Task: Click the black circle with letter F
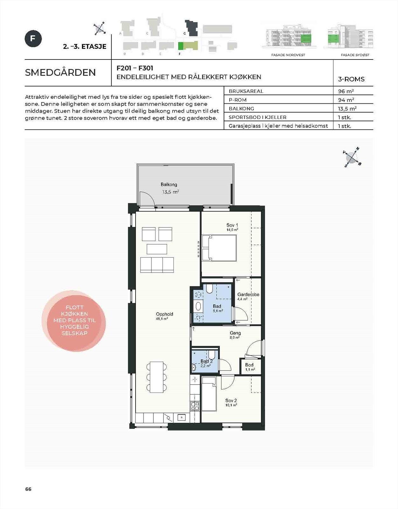(x=33, y=38)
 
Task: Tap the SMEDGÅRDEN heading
(x=60, y=73)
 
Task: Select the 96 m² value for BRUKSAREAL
(x=346, y=91)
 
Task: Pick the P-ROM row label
(x=238, y=100)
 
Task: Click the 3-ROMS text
(x=351, y=79)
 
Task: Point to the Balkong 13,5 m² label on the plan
(x=170, y=188)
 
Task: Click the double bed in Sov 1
(x=219, y=248)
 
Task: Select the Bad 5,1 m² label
(x=217, y=308)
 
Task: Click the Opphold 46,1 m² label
(x=164, y=316)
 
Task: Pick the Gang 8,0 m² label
(x=235, y=335)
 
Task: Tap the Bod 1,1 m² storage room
(x=250, y=367)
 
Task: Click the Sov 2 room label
(x=231, y=402)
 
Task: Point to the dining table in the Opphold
(x=157, y=377)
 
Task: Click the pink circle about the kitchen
(x=74, y=321)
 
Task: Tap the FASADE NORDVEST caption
(x=288, y=55)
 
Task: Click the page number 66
(x=28, y=489)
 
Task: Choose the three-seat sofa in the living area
(x=157, y=265)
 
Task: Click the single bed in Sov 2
(x=209, y=394)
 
